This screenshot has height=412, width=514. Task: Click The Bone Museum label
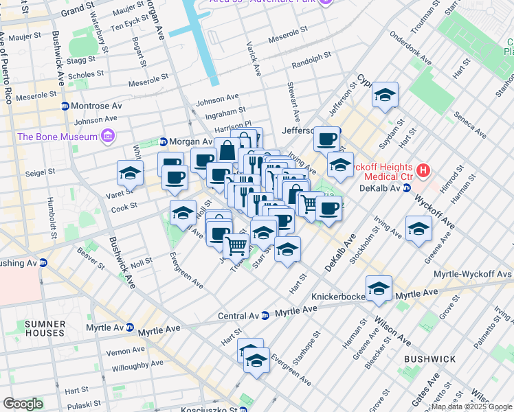(x=58, y=137)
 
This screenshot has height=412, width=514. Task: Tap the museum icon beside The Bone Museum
(x=107, y=137)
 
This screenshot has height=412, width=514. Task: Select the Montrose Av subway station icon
(x=65, y=106)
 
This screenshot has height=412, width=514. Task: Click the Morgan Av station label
(x=189, y=142)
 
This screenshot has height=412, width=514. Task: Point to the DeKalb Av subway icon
(x=407, y=187)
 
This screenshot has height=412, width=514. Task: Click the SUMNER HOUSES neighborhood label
(x=45, y=328)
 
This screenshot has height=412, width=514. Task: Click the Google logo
(x=23, y=404)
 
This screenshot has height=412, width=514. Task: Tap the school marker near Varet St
(x=129, y=175)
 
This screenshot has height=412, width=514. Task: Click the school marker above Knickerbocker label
(x=378, y=290)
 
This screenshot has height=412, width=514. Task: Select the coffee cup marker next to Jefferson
(x=326, y=139)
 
